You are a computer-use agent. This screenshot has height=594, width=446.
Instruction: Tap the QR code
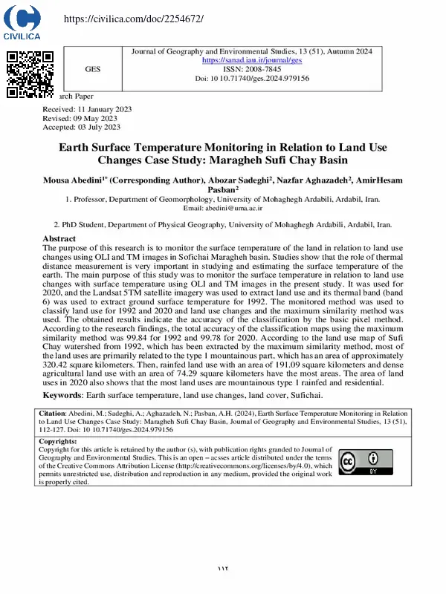(30, 74)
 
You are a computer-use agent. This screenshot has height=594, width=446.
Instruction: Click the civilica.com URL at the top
(133, 18)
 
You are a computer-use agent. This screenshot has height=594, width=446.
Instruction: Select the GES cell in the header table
(92, 69)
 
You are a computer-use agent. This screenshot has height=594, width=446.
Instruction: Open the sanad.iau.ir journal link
(252, 60)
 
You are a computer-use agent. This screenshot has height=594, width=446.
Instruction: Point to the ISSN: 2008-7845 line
(252, 69)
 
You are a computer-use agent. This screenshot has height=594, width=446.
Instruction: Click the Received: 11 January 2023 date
(87, 109)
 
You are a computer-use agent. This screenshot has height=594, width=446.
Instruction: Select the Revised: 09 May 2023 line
(80, 118)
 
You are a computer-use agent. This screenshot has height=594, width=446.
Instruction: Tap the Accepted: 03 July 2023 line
(82, 127)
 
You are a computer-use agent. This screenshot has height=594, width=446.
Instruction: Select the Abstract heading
(59, 238)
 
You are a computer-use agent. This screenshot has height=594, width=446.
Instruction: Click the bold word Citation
(52, 413)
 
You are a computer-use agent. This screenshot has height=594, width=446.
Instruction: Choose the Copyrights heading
(59, 441)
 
